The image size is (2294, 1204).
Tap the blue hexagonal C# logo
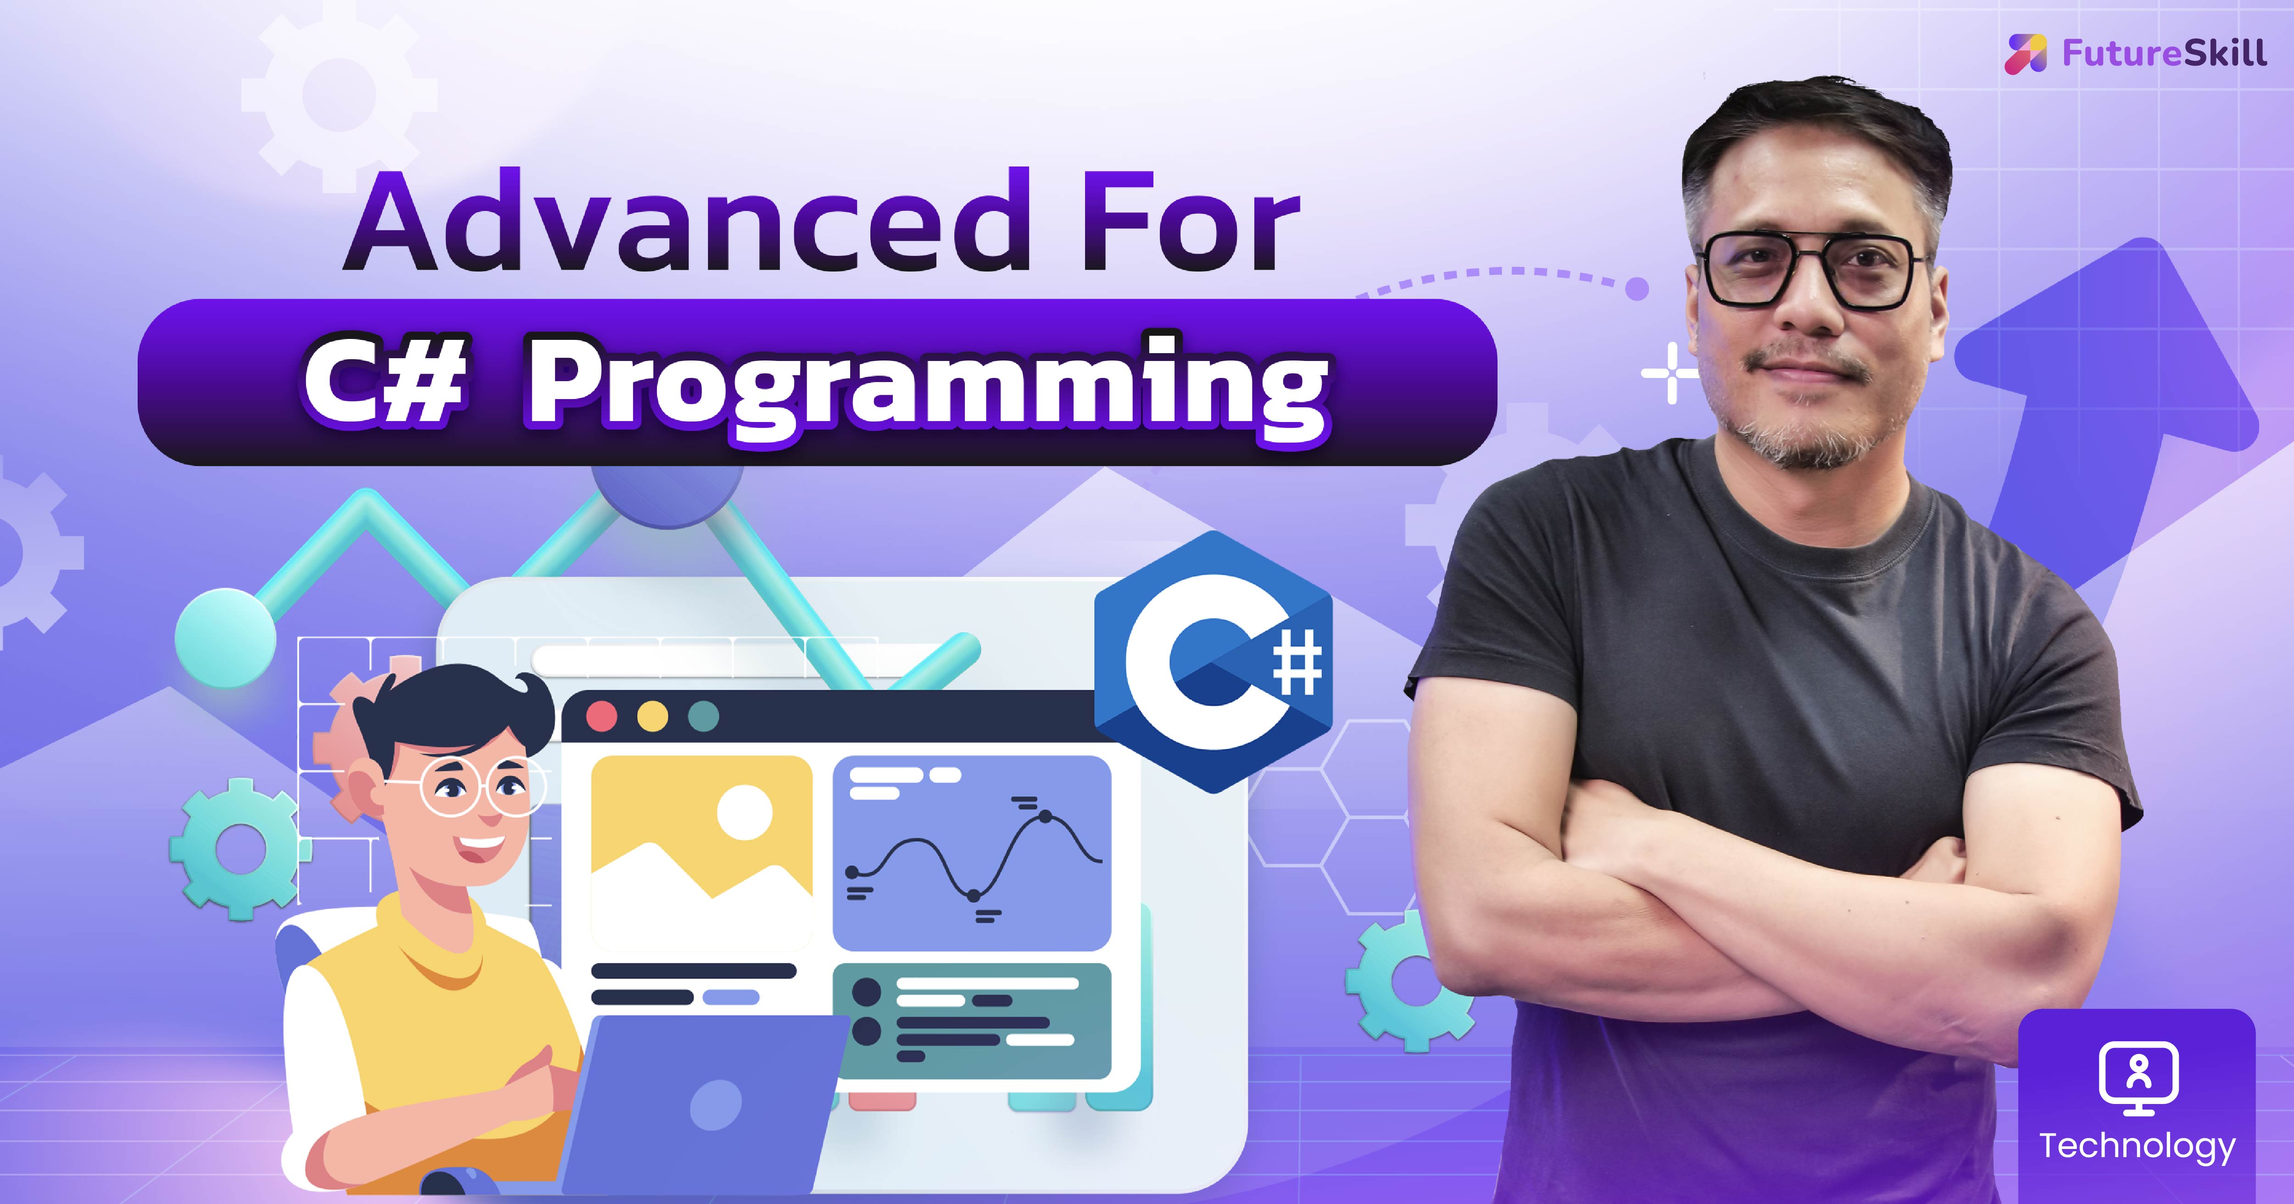pyautogui.click(x=1213, y=663)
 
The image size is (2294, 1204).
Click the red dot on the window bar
pyautogui.click(x=602, y=716)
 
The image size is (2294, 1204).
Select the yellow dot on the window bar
pyautogui.click(x=653, y=716)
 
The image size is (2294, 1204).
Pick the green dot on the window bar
pyautogui.click(x=703, y=716)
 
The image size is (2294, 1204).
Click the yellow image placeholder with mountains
pyautogui.click(x=702, y=850)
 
